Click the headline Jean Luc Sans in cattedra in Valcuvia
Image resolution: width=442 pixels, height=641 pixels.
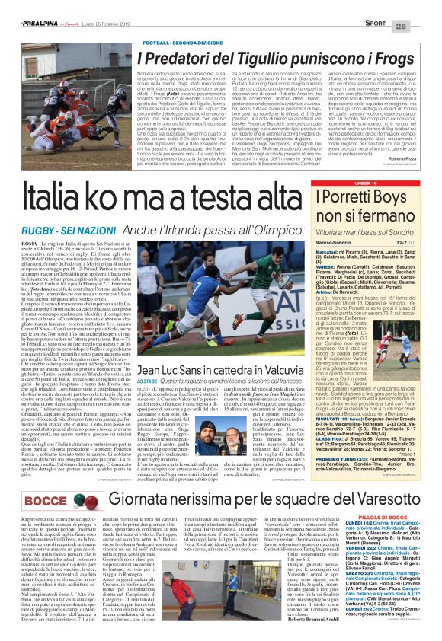(x=229, y=372)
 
